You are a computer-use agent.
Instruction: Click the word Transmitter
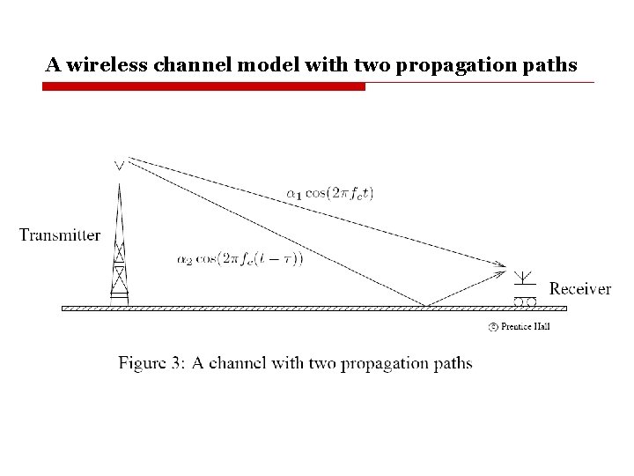coord(60,234)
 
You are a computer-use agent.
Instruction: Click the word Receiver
coord(579,288)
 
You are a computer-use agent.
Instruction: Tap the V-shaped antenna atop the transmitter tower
coord(120,164)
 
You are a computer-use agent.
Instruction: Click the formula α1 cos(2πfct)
coord(330,194)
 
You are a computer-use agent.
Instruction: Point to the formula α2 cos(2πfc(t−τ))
coord(240,259)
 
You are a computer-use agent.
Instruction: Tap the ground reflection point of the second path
coord(427,306)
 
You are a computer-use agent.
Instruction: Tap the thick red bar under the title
coord(203,86)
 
